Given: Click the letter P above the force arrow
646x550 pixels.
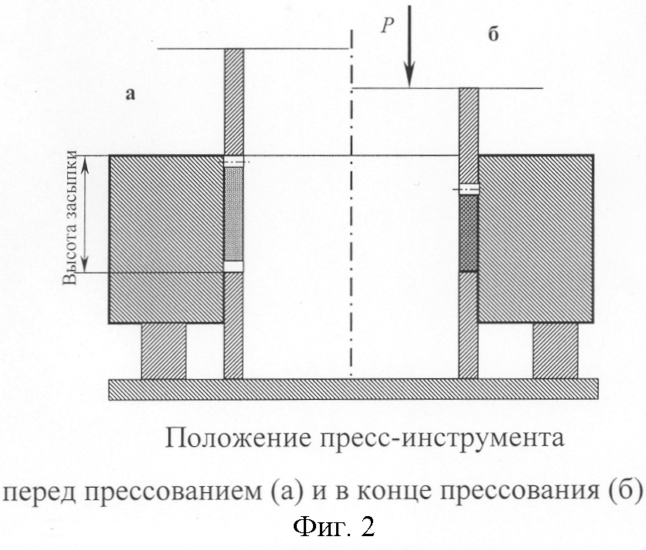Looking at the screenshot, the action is [x=387, y=25].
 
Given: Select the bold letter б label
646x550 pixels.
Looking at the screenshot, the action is [x=493, y=34].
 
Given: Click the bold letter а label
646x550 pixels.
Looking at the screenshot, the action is [x=130, y=94].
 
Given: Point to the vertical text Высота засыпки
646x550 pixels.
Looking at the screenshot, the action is [x=69, y=218].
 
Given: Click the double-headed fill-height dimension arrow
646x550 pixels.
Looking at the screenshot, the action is [x=84, y=214].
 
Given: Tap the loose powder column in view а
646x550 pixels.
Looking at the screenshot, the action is [x=234, y=214].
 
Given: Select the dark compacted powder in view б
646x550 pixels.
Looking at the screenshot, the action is [x=469, y=233].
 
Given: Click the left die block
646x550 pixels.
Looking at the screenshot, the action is [x=167, y=239].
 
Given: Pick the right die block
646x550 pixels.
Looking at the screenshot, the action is [x=536, y=239].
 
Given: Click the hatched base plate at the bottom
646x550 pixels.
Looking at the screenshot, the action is [x=354, y=389].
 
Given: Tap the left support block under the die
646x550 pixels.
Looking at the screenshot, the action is [x=163, y=351].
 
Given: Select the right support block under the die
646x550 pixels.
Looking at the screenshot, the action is [x=555, y=351].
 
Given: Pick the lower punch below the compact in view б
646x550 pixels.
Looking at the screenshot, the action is [x=469, y=325].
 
